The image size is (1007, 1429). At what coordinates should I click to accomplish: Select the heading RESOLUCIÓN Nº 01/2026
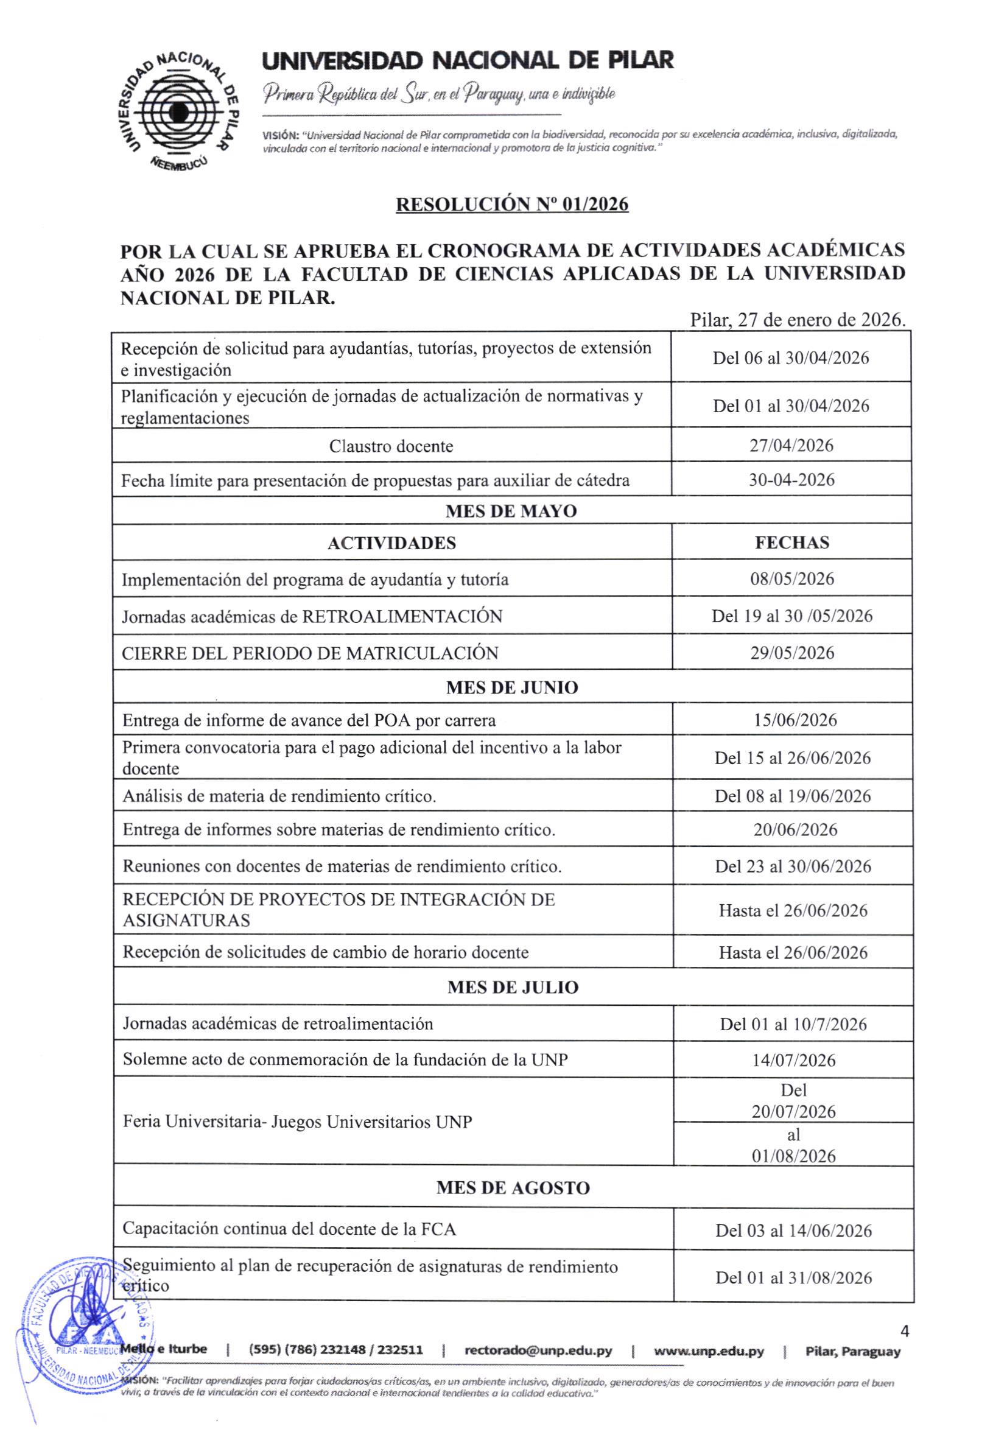511,204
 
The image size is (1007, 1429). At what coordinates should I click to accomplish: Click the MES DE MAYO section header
511,511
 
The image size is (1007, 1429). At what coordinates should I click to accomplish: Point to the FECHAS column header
791,542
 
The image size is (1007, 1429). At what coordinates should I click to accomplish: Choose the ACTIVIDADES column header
391,543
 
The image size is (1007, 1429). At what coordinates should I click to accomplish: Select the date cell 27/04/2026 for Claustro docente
791,446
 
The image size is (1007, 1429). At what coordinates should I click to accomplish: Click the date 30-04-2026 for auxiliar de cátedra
791,480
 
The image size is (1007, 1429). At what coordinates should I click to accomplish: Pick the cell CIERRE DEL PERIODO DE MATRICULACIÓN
310,653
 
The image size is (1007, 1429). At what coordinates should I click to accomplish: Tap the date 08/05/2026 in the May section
791,579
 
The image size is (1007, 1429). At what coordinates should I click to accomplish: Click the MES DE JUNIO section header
511,688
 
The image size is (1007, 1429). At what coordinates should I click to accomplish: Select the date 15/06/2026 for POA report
795,720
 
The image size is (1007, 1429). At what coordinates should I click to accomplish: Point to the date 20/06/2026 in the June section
795,830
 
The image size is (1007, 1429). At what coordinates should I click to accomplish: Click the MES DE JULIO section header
513,988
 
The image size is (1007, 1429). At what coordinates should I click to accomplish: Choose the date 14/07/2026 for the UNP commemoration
793,1061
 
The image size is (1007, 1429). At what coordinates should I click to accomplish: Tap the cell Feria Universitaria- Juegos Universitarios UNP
298,1122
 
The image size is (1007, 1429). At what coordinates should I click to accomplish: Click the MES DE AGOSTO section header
513,1187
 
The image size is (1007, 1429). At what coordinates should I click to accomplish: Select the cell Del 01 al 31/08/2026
793,1278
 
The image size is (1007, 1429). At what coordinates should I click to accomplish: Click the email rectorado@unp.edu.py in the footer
538,1351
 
